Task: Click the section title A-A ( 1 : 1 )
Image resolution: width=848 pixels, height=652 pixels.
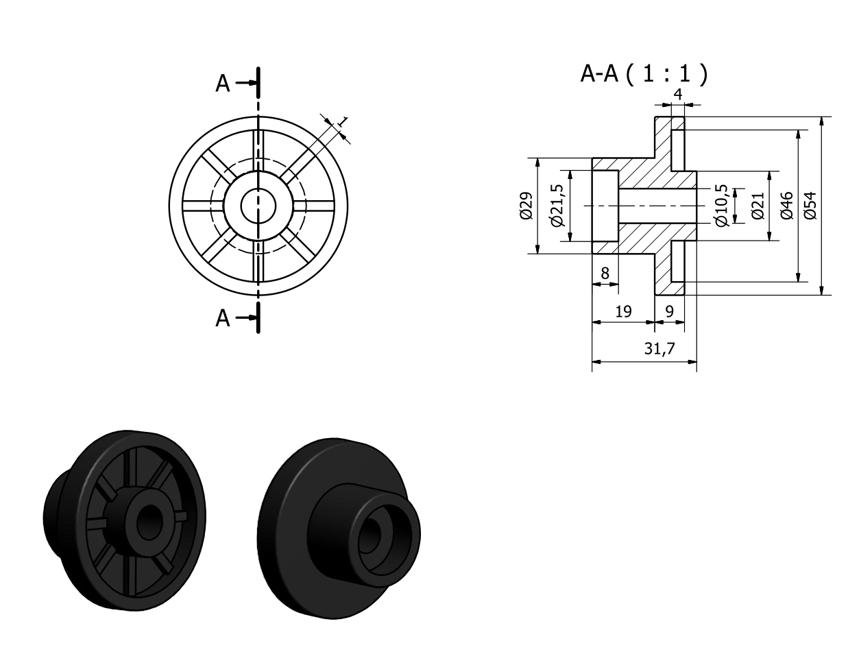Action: click(644, 74)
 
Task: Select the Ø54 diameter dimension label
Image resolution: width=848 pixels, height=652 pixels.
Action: click(810, 206)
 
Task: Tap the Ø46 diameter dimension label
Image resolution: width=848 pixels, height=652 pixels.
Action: click(787, 206)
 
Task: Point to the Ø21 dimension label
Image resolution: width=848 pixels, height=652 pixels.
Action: click(758, 206)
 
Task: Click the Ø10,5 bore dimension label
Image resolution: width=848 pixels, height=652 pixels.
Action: click(722, 206)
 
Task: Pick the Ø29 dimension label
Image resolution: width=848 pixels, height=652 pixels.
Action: click(526, 206)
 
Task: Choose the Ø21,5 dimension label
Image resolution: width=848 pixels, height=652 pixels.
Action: click(557, 206)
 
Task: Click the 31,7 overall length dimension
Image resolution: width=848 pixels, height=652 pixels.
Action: click(659, 348)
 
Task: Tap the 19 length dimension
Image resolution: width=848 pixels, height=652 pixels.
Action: click(623, 312)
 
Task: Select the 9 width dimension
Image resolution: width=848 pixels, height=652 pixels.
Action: click(669, 312)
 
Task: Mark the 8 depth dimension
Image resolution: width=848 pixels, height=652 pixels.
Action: click(605, 274)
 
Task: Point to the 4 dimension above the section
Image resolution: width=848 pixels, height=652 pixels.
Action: click(678, 95)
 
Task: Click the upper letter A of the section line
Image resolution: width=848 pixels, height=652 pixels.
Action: click(223, 84)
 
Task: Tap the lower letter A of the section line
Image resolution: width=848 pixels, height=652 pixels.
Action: click(223, 318)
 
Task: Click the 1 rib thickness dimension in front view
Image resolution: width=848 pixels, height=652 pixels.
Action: click(342, 121)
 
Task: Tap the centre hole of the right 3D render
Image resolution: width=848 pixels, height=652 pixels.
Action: click(370, 535)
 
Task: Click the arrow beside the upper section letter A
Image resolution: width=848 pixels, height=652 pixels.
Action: click(246, 83)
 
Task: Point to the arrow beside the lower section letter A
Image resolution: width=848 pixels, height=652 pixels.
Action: click(246, 317)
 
